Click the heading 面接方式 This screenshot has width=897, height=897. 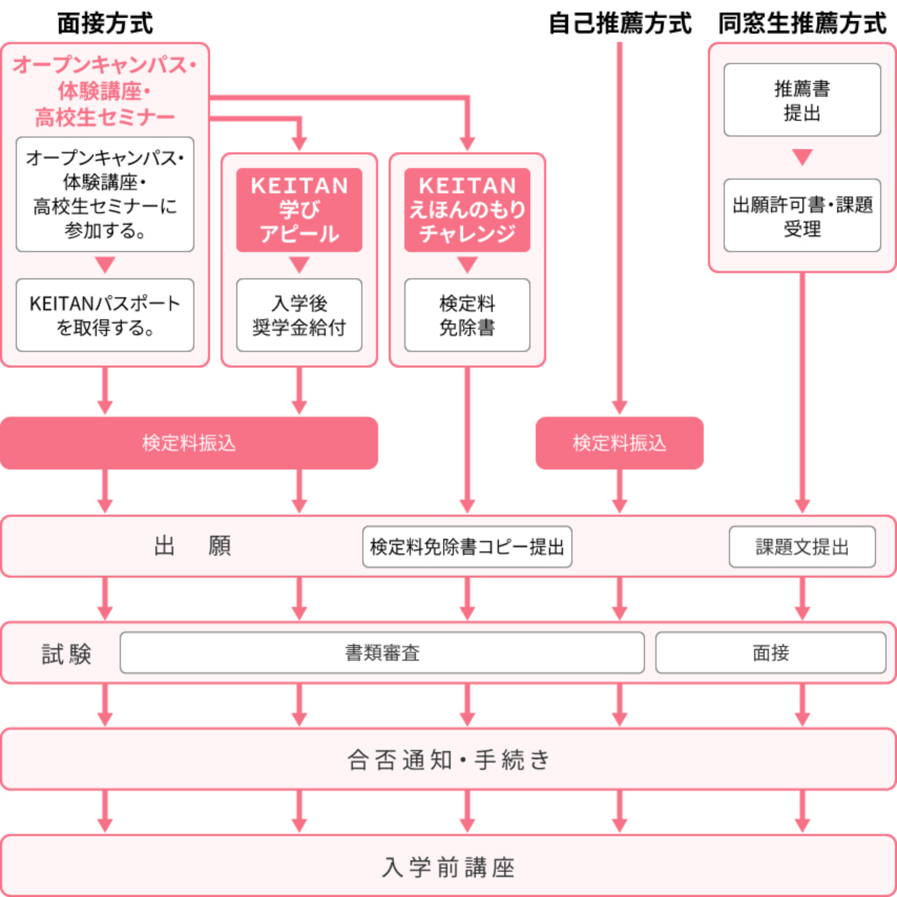tap(105, 24)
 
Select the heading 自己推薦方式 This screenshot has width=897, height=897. tap(620, 24)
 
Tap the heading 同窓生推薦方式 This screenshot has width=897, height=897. tap(802, 24)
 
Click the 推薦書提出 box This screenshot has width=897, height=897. tap(802, 100)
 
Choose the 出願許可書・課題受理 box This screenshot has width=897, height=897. tap(802, 215)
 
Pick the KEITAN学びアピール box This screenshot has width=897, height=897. tap(299, 210)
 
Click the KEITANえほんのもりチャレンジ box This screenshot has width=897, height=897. tap(467, 210)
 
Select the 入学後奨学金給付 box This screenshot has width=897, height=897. tap(299, 315)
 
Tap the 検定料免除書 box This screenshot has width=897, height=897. tap(467, 315)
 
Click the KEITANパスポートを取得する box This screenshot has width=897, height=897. tap(105, 315)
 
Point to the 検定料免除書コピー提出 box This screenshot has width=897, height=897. tap(467, 547)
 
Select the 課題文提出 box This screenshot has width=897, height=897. tap(802, 547)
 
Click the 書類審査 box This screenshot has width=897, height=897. tap(382, 653)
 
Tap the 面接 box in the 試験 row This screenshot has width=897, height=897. tap(771, 653)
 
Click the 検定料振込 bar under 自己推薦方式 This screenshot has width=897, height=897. tap(620, 443)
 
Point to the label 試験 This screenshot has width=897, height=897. tap(67, 654)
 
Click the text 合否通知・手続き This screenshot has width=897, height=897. tap(448, 760)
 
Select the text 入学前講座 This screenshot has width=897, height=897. tap(448, 867)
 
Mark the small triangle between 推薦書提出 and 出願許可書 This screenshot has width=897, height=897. tap(802, 157)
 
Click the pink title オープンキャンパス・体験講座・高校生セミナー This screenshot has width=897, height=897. tap(105, 91)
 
